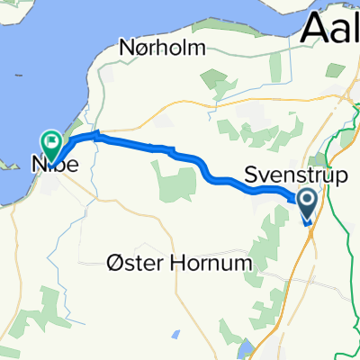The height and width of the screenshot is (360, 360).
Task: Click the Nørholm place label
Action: click(x=162, y=46)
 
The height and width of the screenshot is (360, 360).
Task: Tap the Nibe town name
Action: click(x=51, y=165)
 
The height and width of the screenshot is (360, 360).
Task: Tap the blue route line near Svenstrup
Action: click(x=270, y=186)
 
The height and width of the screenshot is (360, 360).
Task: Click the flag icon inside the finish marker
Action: click(x=50, y=140)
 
